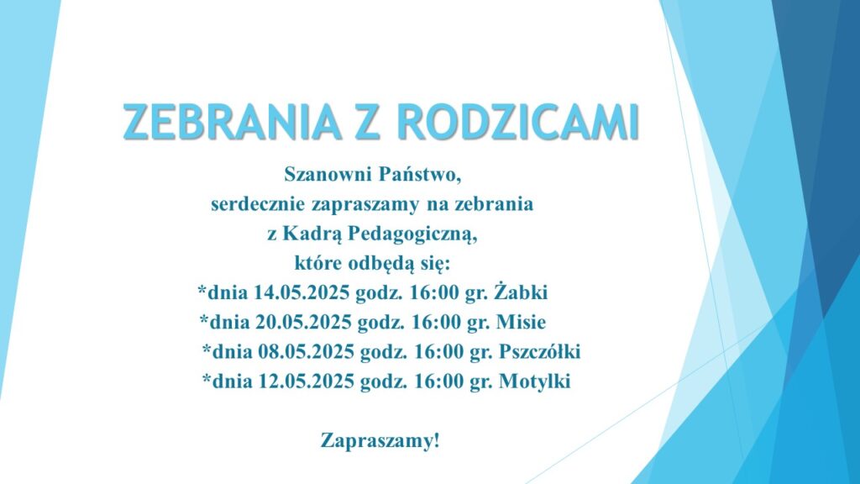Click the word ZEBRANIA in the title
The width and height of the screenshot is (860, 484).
pos(231,121)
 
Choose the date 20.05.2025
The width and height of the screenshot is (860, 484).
pos(303,322)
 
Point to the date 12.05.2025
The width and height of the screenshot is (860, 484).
pos(306,381)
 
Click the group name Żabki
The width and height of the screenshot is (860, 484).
pos(521,292)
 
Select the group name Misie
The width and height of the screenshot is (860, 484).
pos(521,322)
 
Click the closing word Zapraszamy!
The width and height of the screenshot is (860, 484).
pos(380,441)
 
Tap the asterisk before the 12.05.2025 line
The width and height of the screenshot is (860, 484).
pos(207,377)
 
